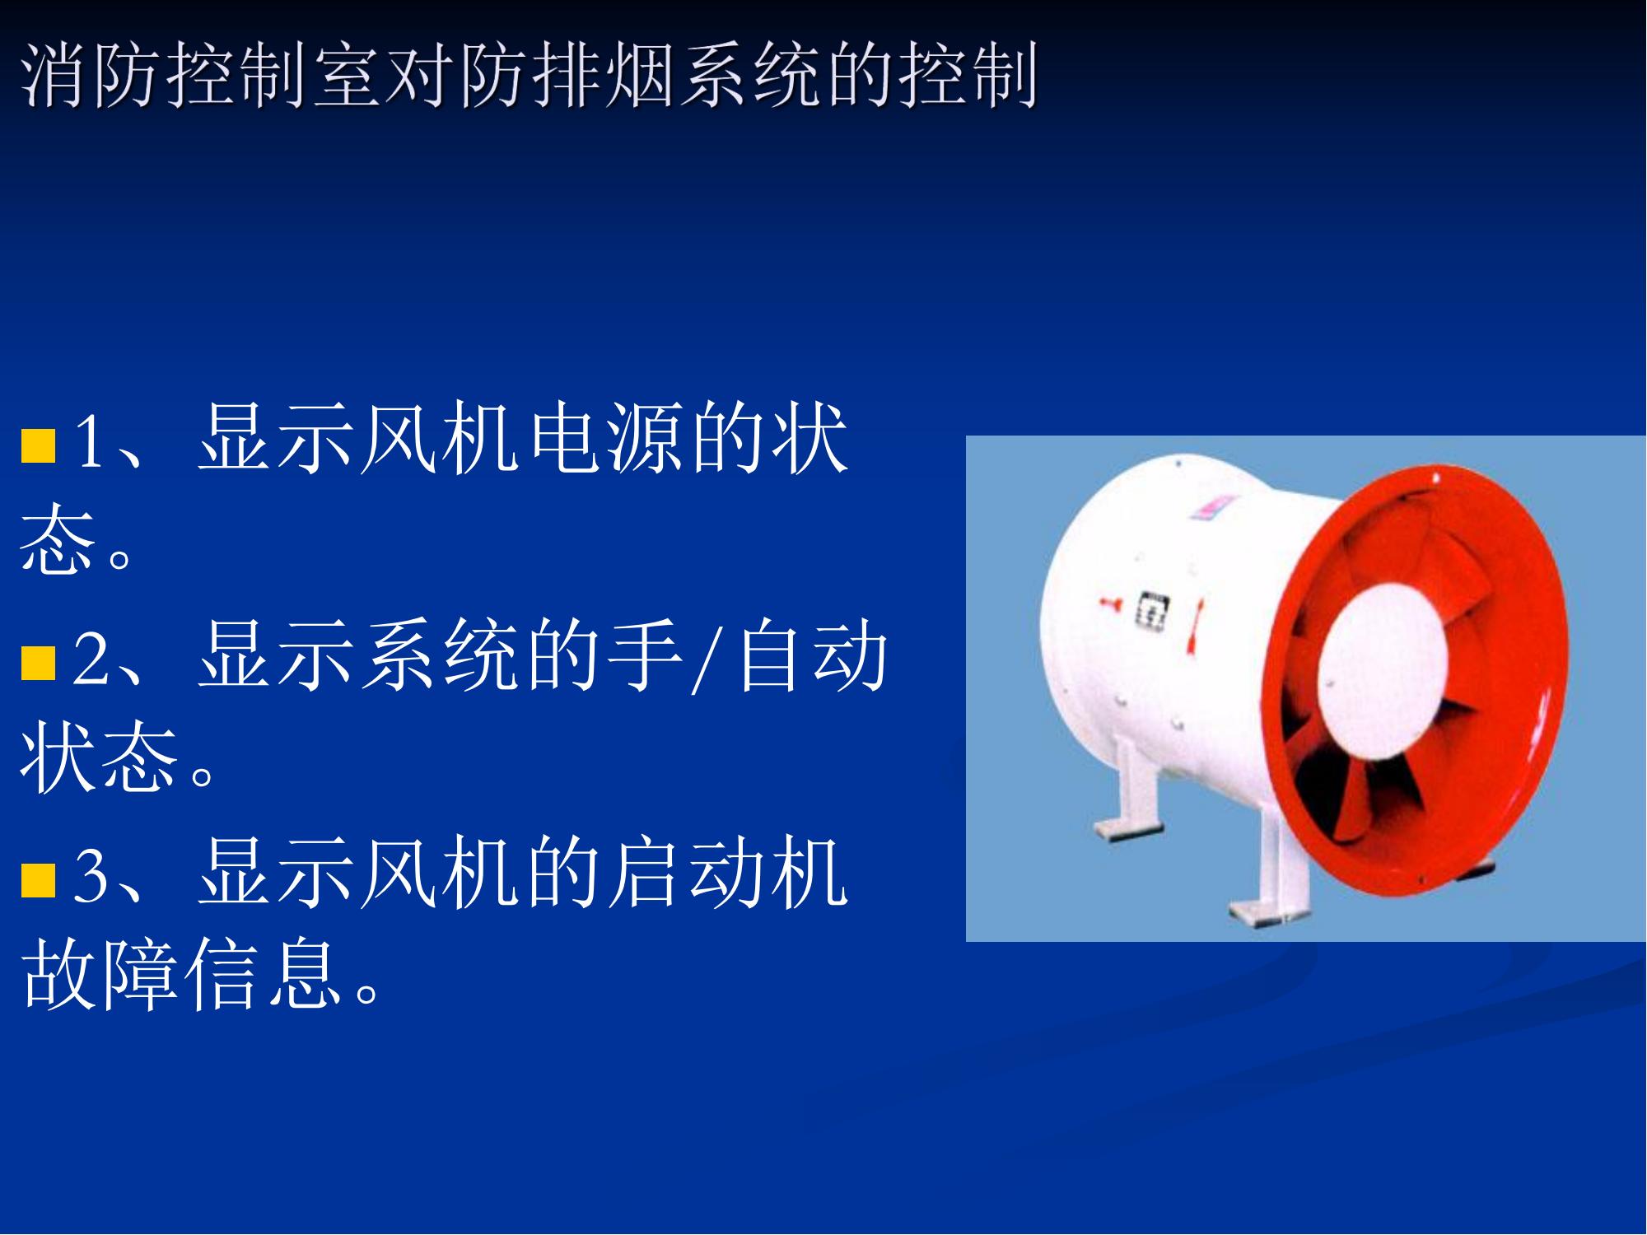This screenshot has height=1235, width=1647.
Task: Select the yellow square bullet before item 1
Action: coord(38,445)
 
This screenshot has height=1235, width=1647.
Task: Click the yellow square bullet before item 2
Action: coord(38,664)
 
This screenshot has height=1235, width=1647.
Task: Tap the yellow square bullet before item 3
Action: coord(38,880)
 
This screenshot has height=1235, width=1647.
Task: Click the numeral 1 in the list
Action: coord(90,442)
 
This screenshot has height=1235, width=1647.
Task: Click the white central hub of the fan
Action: coord(1383,659)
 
